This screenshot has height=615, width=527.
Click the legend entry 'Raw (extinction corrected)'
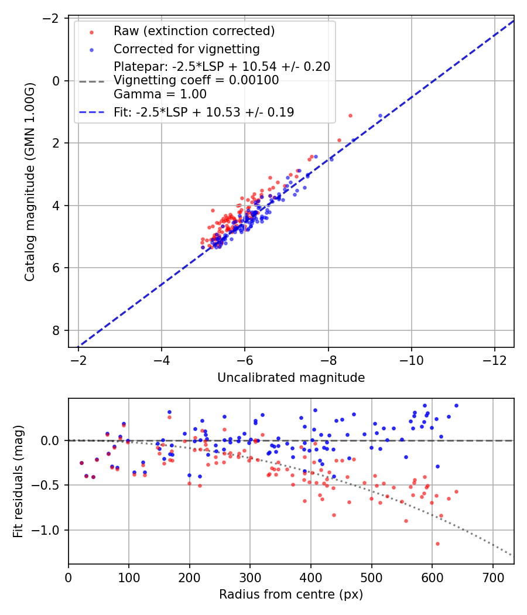[194, 31]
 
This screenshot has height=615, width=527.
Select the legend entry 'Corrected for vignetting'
[186, 49]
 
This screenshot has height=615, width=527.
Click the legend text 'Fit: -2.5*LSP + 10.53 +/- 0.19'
[204, 112]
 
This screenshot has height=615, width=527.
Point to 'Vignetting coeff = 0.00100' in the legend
[196, 81]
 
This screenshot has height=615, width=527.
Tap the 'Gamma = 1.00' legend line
[160, 94]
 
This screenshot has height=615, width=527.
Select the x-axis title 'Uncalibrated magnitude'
[291, 378]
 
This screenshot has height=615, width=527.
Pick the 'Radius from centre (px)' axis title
[291, 594]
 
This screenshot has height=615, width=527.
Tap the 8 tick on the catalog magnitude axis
[57, 330]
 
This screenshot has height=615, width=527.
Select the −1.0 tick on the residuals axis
[50, 530]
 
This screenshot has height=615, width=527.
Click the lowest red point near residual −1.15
[437, 544]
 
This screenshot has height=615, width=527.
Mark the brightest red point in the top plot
[350, 115]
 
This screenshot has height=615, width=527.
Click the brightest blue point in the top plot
[380, 116]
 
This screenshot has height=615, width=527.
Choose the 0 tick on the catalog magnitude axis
[57, 80]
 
